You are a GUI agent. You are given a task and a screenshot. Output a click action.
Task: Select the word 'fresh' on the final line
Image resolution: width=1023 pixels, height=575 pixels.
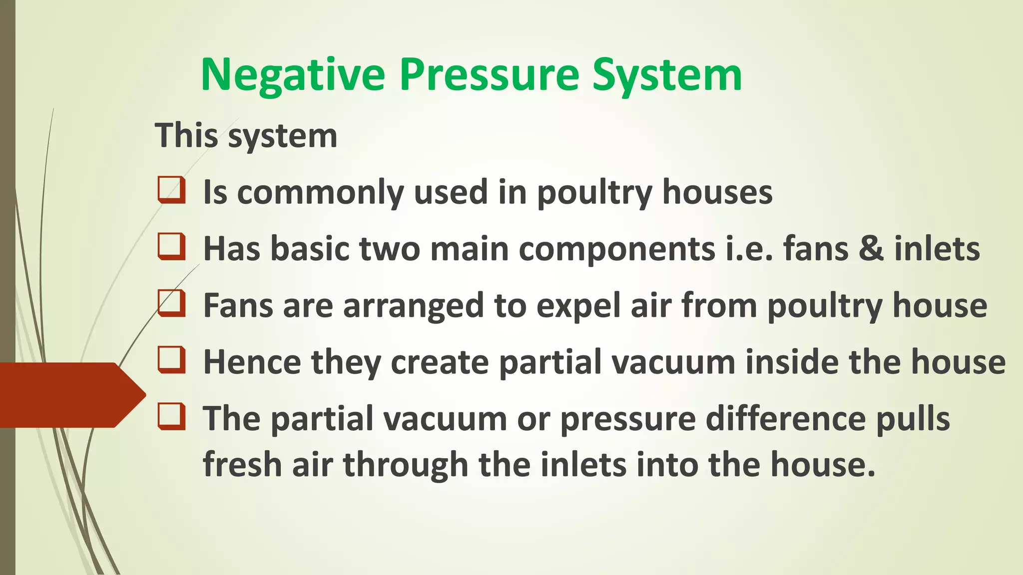coord(242,464)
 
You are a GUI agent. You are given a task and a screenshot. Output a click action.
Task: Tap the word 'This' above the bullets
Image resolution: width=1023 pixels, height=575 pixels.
coord(186,135)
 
